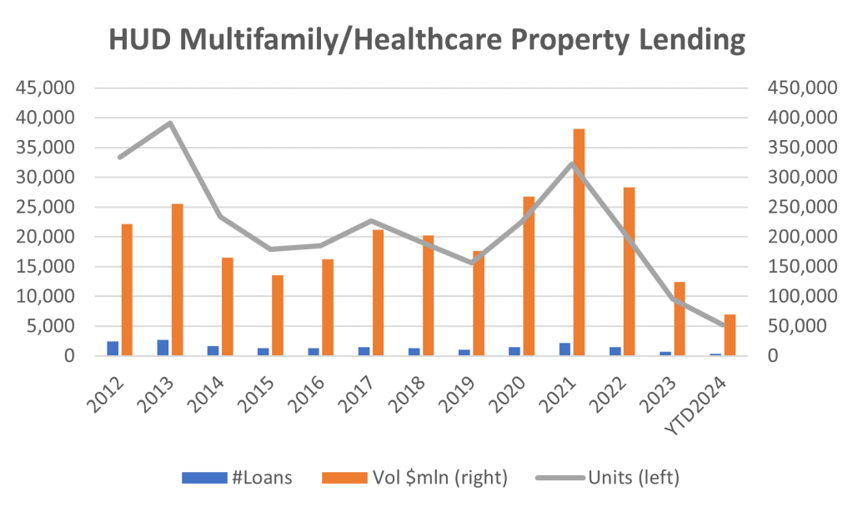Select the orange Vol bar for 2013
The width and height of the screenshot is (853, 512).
(177, 280)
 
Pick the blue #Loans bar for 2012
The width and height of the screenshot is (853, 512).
(113, 349)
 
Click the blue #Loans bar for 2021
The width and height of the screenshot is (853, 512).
(565, 349)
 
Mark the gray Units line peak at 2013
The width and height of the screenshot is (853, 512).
(170, 123)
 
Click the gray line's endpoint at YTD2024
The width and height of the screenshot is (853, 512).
(723, 326)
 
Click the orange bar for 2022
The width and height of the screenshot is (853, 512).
(629, 272)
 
